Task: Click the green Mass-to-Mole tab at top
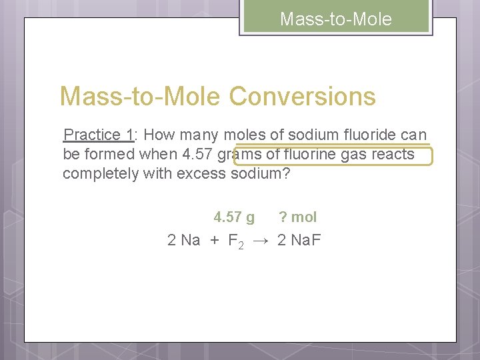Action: tap(336, 19)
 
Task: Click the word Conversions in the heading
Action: tap(303, 97)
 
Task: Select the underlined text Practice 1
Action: tap(98, 135)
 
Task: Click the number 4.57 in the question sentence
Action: tap(197, 155)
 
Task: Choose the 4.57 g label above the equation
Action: tap(233, 217)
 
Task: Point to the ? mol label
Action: tap(297, 217)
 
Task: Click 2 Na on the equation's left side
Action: tap(183, 240)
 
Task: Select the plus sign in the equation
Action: tap(214, 240)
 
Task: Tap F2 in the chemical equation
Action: tap(236, 241)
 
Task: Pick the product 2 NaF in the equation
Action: tap(299, 240)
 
